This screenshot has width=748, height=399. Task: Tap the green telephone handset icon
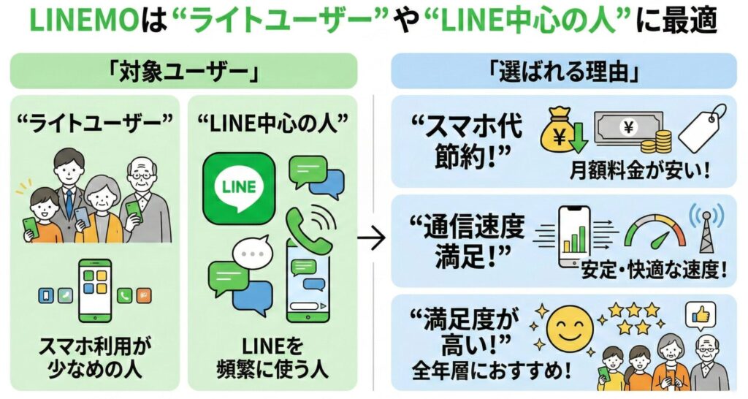tap(305, 226)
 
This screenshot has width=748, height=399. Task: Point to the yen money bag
tap(559, 132)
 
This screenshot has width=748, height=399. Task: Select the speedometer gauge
tap(654, 233)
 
